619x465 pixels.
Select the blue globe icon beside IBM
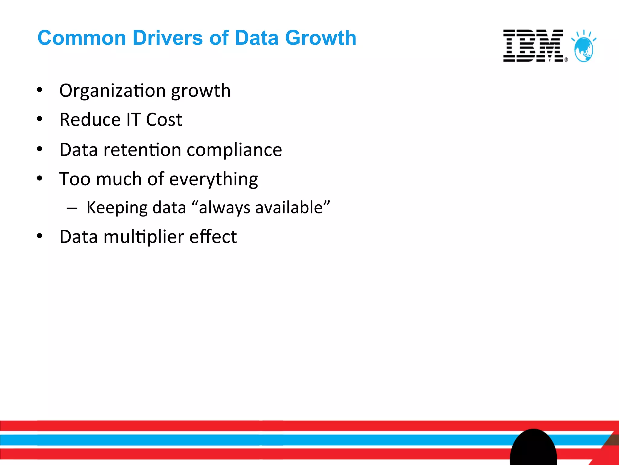coord(584,48)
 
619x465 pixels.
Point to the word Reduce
coord(90,120)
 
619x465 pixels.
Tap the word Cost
coord(164,120)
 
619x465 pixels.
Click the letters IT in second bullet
coord(133,120)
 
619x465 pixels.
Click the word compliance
coord(234,150)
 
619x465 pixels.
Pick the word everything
coord(213,179)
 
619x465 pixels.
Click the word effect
coord(213,237)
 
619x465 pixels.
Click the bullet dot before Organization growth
coord(40,90)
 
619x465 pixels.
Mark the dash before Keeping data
coord(72,208)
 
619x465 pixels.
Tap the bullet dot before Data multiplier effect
coord(40,236)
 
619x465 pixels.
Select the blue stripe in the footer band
coord(242,440)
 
